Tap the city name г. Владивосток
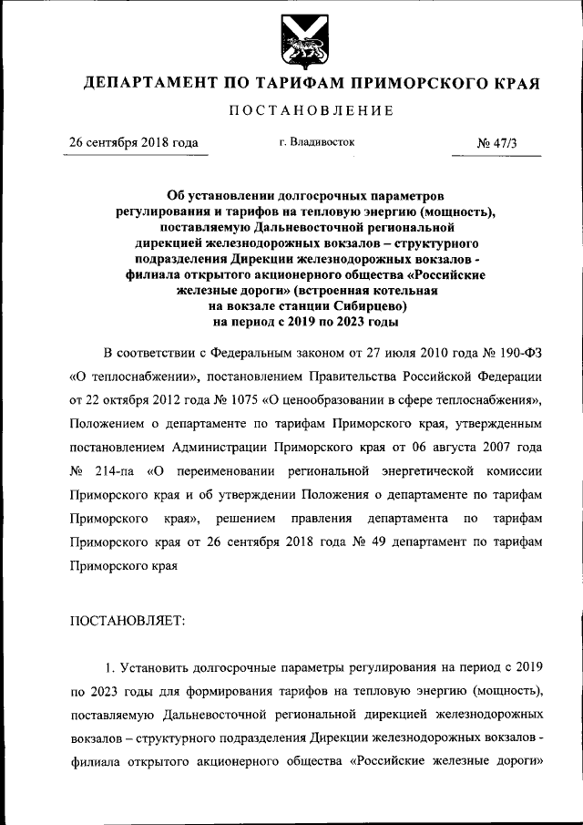(x=317, y=142)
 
